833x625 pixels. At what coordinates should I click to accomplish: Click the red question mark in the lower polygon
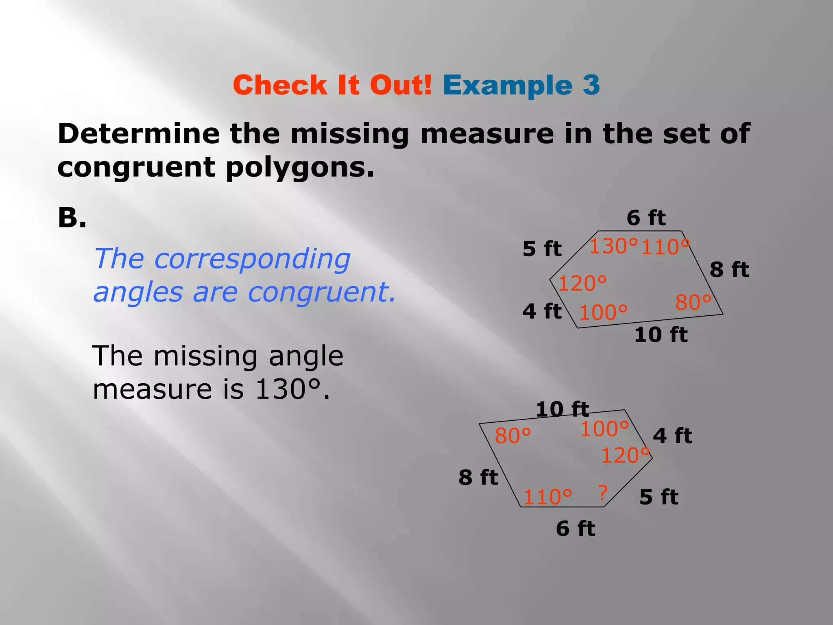coord(603,493)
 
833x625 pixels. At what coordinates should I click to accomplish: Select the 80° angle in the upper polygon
coord(693,302)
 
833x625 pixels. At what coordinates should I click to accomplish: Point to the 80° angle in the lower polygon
coord(512,436)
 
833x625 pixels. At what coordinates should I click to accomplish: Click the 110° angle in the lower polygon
coord(547,497)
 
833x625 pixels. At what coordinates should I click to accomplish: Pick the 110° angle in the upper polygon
coord(665,247)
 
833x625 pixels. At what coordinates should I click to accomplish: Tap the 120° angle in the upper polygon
coord(582,283)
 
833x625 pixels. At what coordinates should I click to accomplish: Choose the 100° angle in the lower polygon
coord(604,429)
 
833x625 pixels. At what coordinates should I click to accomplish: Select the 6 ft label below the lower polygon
coord(576,529)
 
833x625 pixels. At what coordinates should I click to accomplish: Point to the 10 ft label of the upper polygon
coord(661,334)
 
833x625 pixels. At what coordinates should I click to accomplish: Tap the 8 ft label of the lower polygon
coord(478,477)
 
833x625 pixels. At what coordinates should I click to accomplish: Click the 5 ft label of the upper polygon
coord(542,249)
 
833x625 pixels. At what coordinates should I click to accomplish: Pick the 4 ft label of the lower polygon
coord(672,436)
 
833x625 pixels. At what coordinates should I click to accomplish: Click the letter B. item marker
coord(72,218)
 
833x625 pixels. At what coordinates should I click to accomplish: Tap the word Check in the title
coord(280,85)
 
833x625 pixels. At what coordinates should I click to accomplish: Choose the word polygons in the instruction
coord(300,167)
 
